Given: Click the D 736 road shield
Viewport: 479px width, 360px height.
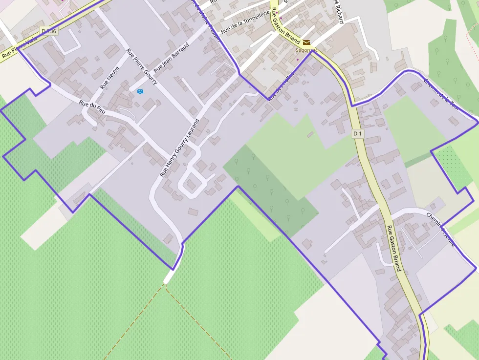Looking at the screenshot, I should point(49,31).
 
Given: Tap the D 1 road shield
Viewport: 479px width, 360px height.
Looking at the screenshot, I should point(357,134).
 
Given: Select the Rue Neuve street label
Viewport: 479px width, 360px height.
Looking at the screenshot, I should point(109,77).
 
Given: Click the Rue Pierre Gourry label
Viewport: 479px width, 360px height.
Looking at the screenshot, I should point(142,66).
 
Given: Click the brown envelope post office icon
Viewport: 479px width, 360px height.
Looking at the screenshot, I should point(306,42).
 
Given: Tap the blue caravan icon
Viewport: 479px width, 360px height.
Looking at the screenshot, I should point(140,91).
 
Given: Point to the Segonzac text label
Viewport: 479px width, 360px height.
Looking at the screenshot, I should point(306,50).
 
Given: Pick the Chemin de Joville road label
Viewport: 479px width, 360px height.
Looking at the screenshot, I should point(440,229).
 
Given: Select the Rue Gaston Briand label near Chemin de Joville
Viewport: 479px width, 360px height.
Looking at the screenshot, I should point(393,248).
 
